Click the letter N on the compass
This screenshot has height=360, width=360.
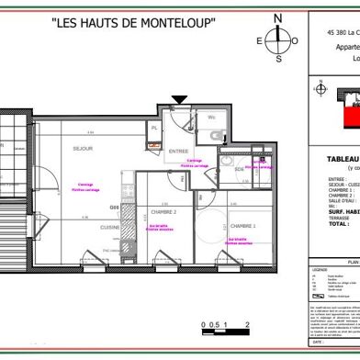coord(279,17)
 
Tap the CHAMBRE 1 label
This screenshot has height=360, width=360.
coord(243,224)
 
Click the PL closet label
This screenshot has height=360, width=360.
coord(154,129)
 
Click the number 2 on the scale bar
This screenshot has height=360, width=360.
coord(248,299)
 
